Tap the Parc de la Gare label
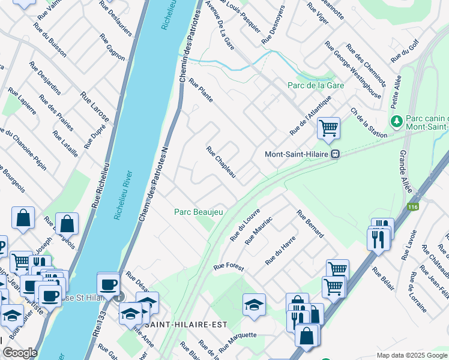pos(315,85)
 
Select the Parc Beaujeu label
pos(199,212)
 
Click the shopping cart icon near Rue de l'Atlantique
pos(328,128)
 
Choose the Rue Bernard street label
pos(310,223)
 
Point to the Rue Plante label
pos(201,90)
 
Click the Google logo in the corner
pos(20,353)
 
